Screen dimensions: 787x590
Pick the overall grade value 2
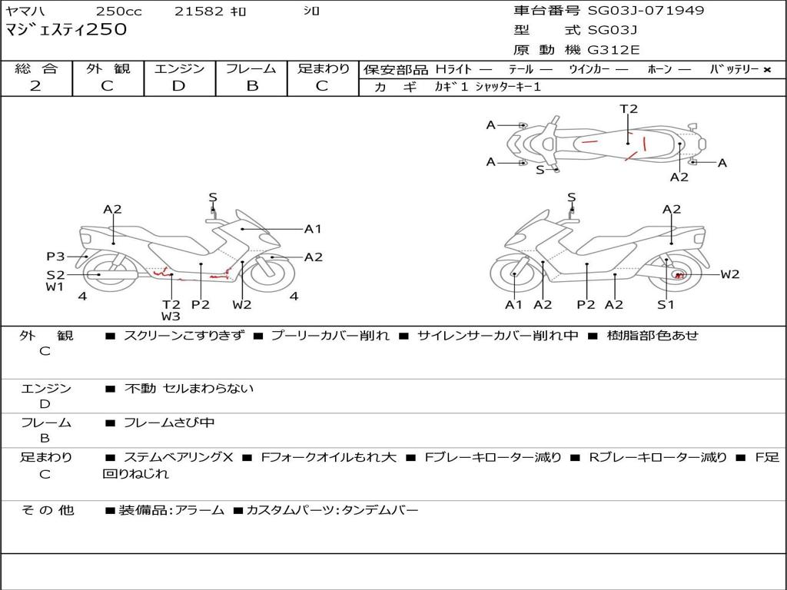point(35,86)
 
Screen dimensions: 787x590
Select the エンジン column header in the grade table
point(179,68)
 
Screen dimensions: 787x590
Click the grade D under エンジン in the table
point(179,86)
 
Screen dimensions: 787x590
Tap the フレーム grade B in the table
point(251,86)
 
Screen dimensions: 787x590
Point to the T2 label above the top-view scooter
point(629,109)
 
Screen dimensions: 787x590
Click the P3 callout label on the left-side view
point(55,257)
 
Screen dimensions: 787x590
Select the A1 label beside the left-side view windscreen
point(313,229)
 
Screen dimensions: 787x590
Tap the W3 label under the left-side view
point(171,317)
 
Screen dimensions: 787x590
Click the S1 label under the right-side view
point(666,305)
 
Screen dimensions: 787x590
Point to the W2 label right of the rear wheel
point(729,274)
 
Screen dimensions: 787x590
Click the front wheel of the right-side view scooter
point(515,273)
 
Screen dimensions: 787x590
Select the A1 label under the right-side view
point(513,305)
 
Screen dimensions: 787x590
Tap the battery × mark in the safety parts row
point(766,70)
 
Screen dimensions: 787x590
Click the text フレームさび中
point(169,423)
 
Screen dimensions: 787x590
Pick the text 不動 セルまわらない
point(189,389)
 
